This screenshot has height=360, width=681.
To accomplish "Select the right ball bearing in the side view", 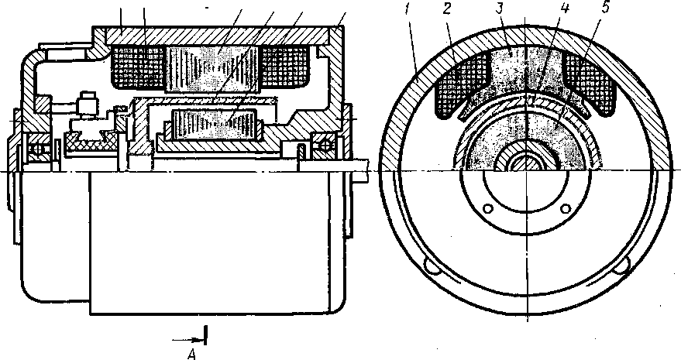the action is tap(321, 143).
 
